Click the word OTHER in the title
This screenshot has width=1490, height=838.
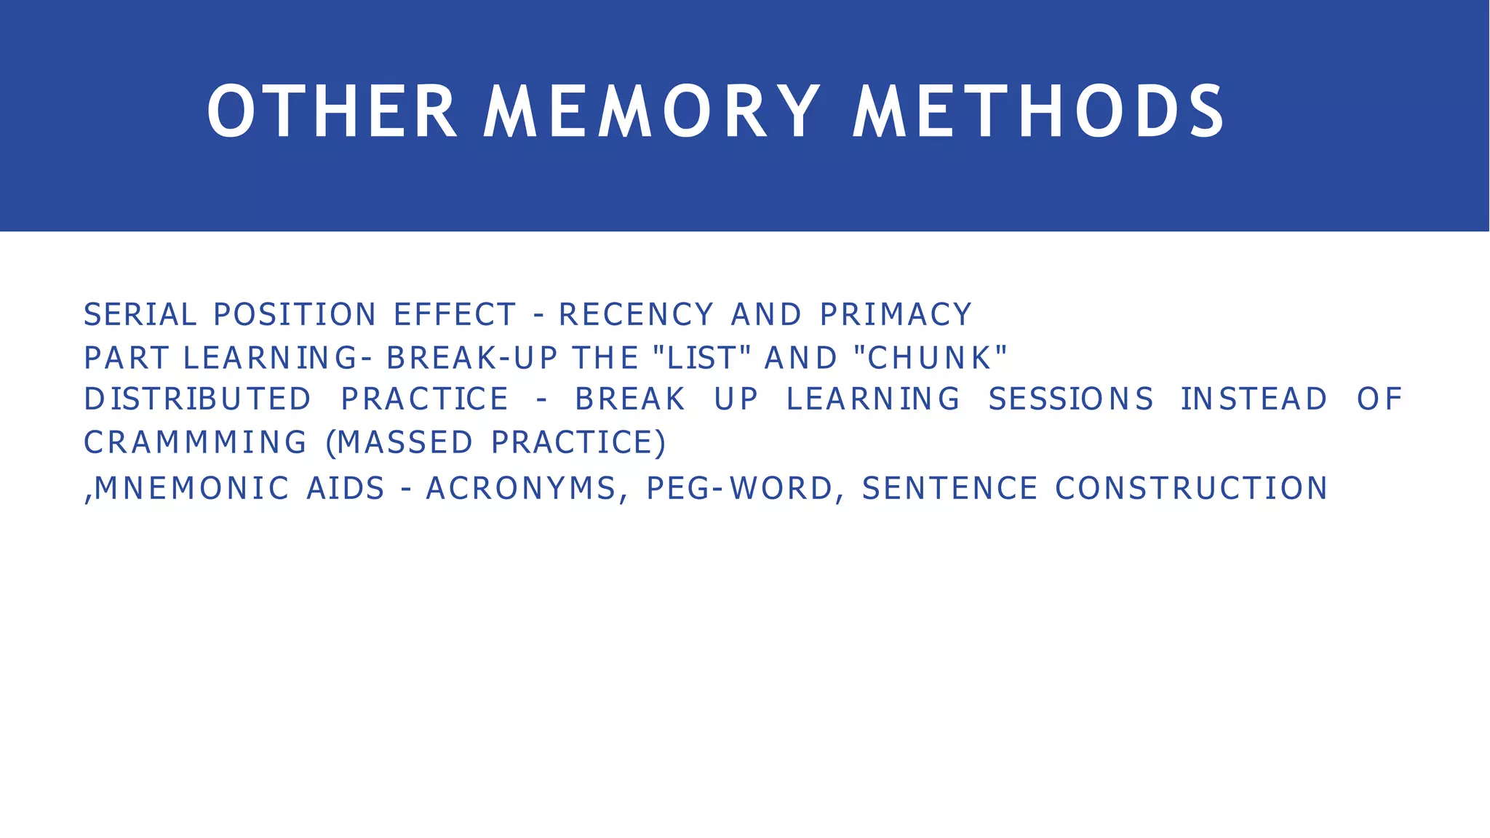pyautogui.click(x=332, y=111)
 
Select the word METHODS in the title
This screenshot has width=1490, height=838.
pyautogui.click(x=1040, y=111)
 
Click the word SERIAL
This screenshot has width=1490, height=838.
pyautogui.click(x=140, y=315)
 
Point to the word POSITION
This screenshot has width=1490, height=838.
pyautogui.click(x=295, y=315)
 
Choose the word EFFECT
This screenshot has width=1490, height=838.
pyautogui.click(x=455, y=315)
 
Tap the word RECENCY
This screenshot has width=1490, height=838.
pyautogui.click(x=636, y=315)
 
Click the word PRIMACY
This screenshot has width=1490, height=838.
pyautogui.click(x=896, y=315)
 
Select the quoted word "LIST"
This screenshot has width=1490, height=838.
pyautogui.click(x=702, y=358)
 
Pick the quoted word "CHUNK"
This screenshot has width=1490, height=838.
pyautogui.click(x=931, y=358)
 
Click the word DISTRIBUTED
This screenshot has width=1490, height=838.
pyautogui.click(x=197, y=399)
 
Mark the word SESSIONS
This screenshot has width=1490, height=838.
pyautogui.click(x=1070, y=399)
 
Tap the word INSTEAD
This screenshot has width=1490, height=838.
pyautogui.click(x=1254, y=399)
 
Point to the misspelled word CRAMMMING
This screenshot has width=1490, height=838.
pyautogui.click(x=195, y=443)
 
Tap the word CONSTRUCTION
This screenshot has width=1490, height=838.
pyautogui.click(x=1191, y=488)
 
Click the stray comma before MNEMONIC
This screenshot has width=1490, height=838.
pyautogui.click(x=88, y=498)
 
